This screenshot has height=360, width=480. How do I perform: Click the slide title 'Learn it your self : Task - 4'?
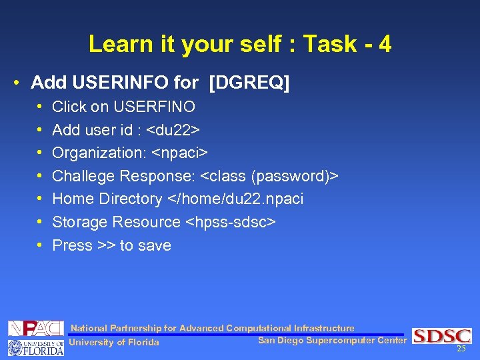[240, 45]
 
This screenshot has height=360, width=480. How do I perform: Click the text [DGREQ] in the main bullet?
[249, 83]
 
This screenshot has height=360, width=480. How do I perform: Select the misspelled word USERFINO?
[155, 107]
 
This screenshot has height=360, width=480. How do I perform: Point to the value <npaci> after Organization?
[181, 153]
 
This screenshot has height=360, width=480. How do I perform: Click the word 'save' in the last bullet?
[155, 245]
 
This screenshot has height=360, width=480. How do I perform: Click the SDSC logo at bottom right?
[441, 335]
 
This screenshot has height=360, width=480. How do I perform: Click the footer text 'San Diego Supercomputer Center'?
[331, 341]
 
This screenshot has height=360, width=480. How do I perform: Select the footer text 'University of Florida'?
[114, 343]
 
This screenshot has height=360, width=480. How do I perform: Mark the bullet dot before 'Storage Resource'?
[40, 222]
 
